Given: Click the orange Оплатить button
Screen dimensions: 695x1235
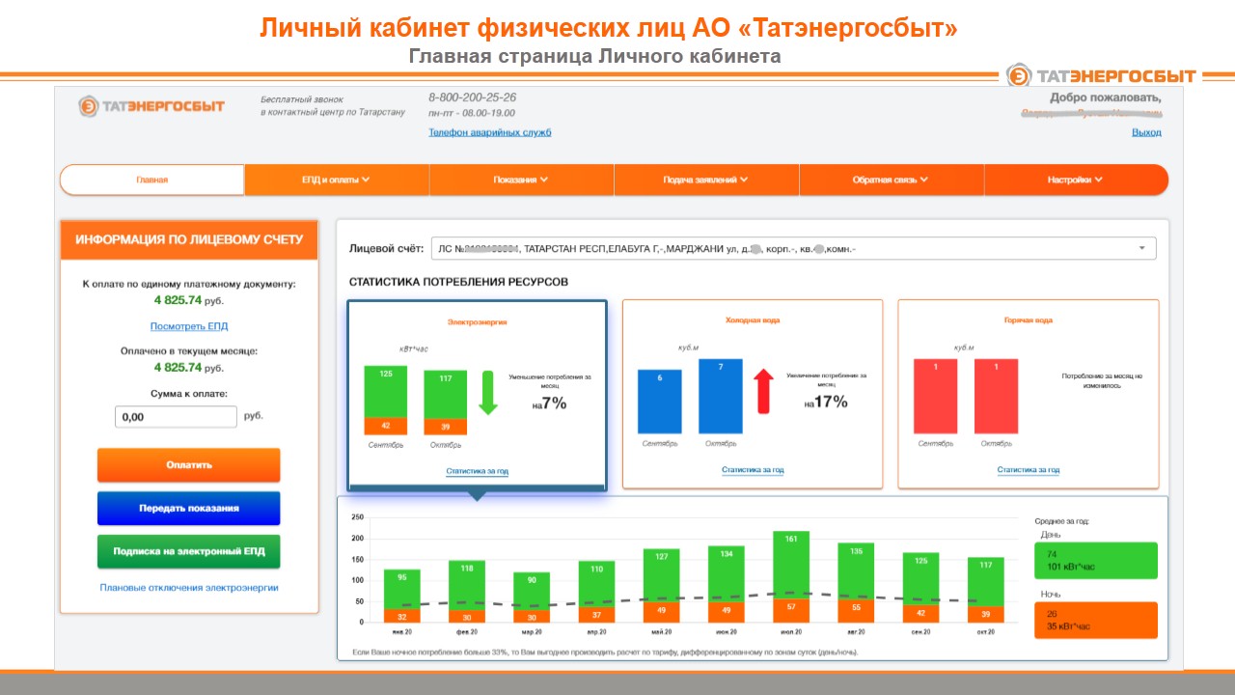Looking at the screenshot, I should pos(188,464).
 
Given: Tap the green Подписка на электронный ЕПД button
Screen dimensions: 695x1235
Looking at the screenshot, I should pos(188,551).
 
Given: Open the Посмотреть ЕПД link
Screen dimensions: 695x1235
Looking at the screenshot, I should pos(189,326).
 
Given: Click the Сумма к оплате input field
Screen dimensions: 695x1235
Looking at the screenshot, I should pos(176,417).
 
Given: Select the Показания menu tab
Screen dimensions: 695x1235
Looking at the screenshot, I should pos(521,180).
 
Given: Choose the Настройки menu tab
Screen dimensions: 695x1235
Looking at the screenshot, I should pos(1075,180).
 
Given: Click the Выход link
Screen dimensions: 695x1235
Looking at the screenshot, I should pos(1146,132).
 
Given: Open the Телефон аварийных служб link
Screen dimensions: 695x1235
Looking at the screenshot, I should pos(490,132).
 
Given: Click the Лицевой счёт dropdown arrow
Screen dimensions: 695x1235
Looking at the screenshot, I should pos(1141,248).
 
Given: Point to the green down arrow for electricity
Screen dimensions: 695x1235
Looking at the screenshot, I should pos(488,390).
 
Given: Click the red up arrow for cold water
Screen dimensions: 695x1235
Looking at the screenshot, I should pos(763,390).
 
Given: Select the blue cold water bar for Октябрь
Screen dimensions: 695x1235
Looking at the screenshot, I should pos(721,397).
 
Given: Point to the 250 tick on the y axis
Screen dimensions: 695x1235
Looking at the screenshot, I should pos(357,517).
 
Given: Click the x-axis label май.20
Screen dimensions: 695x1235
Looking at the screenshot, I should pos(662,632).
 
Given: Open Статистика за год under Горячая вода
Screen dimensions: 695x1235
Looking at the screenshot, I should pos(1029,470).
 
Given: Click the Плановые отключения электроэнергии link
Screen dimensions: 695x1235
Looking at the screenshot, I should pos(189,587).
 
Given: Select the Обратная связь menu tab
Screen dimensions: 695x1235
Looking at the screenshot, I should pos(891,180).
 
